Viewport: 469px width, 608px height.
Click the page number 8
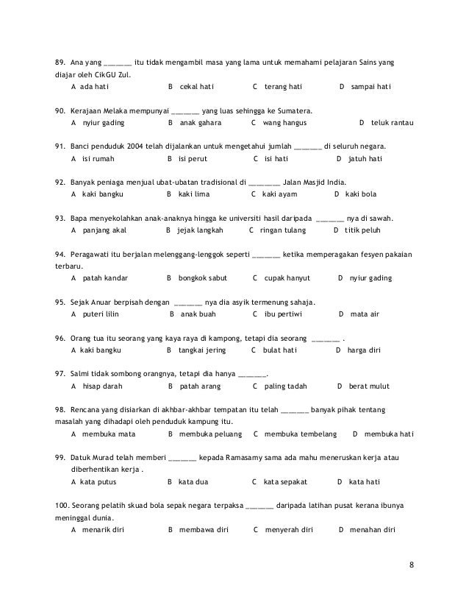pyautogui.click(x=412, y=566)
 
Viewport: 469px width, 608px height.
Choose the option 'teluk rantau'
pyautogui.click(x=392, y=123)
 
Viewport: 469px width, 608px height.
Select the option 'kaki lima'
pyautogui.click(x=194, y=195)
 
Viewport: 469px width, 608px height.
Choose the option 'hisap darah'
pyautogui.click(x=103, y=386)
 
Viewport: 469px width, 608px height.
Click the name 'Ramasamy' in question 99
pyautogui.click(x=249, y=458)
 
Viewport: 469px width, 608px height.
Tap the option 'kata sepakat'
pyautogui.click(x=284, y=482)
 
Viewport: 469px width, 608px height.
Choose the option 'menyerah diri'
pyautogui.click(x=289, y=530)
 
